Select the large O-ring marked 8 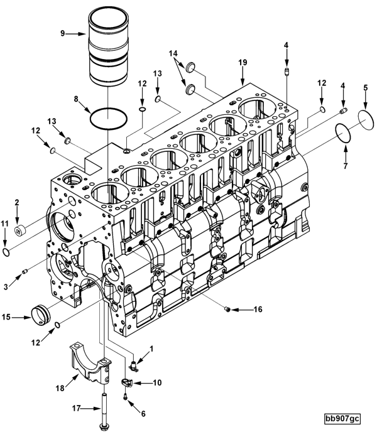coord(107,117)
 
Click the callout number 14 coord(173,54)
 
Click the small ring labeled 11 coord(6,252)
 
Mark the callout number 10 coord(157,382)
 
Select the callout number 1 coord(150,348)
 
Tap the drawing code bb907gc coord(342,419)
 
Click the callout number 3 coord(6,269)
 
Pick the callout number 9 coord(63,34)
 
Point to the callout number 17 coord(77,409)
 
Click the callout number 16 coord(258,310)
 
